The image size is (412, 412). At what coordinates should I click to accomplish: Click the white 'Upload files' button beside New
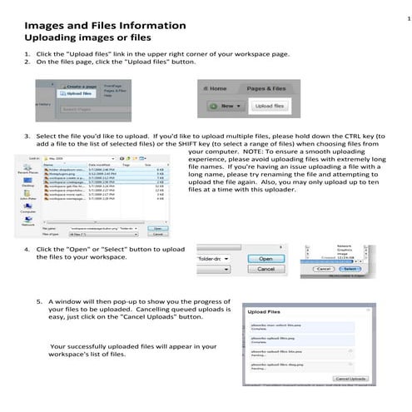click(269, 107)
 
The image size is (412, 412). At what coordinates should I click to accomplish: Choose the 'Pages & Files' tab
click(267, 87)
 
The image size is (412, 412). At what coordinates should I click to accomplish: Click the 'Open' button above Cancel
click(266, 259)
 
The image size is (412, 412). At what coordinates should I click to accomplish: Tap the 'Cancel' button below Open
click(266, 270)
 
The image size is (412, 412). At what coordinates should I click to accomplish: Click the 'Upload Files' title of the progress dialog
click(265, 307)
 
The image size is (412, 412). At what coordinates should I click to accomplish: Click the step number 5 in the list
click(39, 301)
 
